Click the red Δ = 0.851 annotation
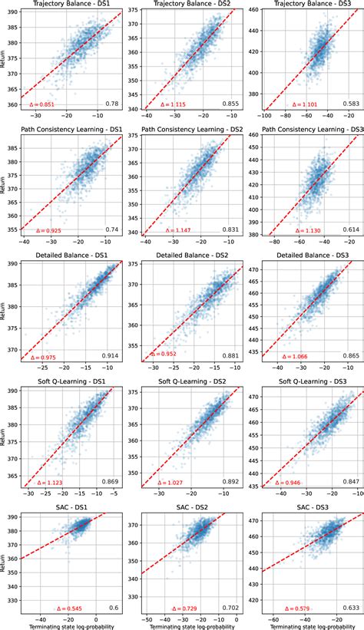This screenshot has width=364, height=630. click(x=42, y=104)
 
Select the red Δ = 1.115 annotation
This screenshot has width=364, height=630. click(x=164, y=104)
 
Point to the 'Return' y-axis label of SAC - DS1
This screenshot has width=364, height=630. click(x=4, y=563)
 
